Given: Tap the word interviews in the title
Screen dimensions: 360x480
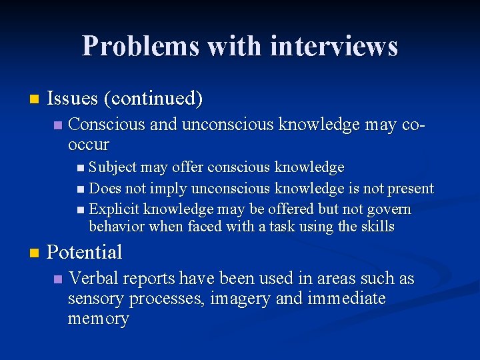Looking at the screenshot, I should tap(335, 46).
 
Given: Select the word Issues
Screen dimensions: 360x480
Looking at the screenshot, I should tap(72, 99).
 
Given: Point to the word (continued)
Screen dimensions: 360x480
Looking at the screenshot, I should tap(153, 99).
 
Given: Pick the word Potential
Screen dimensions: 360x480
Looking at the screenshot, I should tap(85, 252).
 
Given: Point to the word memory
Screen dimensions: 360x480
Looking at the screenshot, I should tap(98, 319).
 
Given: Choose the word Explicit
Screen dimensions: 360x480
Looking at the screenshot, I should tap(113, 209).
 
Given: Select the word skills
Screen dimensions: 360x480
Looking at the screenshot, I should tap(378, 226).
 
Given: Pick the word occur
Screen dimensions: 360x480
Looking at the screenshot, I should tap(88, 144).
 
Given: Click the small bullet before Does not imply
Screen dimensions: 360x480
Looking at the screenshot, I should tap(81, 189).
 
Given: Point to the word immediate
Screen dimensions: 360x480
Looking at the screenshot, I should tap(347, 299).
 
